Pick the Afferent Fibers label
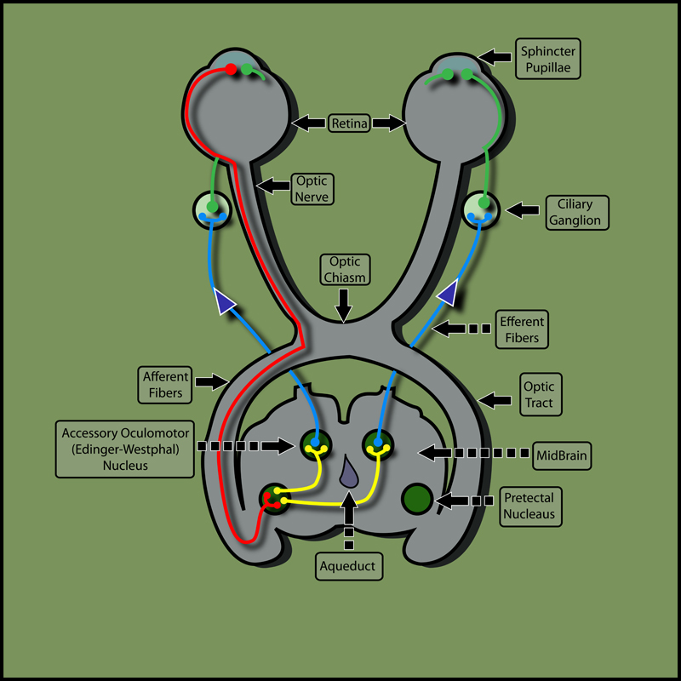tap(158, 384)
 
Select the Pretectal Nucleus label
tap(529, 505)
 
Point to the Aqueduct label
tap(347, 565)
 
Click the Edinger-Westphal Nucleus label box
tap(123, 447)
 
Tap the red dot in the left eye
tap(230, 68)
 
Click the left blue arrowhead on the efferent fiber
tap(224, 302)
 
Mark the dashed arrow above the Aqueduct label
tap(347, 519)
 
